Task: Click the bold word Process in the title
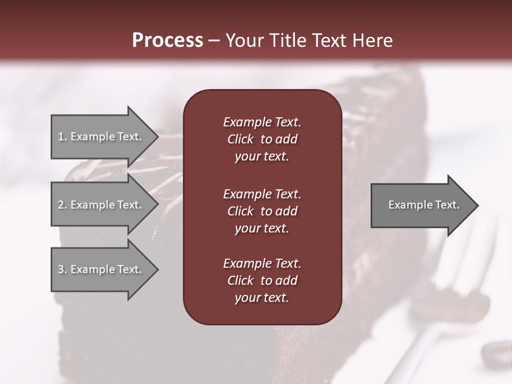(167, 41)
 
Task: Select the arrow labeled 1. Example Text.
(100, 137)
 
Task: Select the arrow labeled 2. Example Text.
(100, 205)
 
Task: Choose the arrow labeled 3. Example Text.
(100, 269)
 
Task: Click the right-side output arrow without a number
(423, 205)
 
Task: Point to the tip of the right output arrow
(477, 205)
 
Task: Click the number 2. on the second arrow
(62, 205)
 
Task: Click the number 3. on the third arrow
(62, 269)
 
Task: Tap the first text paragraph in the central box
(262, 139)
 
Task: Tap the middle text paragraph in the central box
(262, 211)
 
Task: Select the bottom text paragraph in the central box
(262, 281)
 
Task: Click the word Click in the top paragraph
(240, 139)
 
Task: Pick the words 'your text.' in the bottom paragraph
(262, 298)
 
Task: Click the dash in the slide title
(214, 41)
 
